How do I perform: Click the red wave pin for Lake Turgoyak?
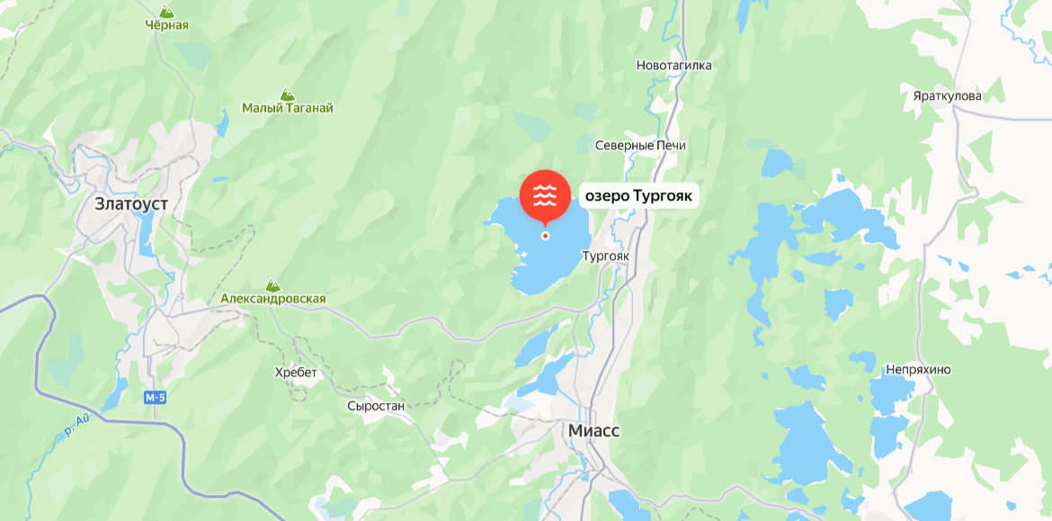(x=545, y=194)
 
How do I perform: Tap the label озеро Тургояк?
(x=639, y=194)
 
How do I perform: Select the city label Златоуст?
(x=131, y=204)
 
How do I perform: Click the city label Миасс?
(x=593, y=431)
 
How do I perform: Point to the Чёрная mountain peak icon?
(x=166, y=11)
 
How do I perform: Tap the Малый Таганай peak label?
(x=288, y=108)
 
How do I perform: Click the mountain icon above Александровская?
(x=272, y=284)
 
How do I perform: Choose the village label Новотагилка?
(x=673, y=66)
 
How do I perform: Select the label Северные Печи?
(x=640, y=146)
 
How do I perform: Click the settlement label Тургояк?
(x=605, y=256)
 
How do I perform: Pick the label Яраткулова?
(x=946, y=96)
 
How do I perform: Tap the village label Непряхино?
(x=918, y=370)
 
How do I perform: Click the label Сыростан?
(x=376, y=406)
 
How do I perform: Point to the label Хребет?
(x=297, y=373)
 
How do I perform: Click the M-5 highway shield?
(x=156, y=397)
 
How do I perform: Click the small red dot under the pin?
(x=545, y=236)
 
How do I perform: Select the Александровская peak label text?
(x=273, y=299)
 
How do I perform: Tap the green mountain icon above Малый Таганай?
(x=287, y=94)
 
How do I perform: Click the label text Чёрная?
(x=167, y=25)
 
